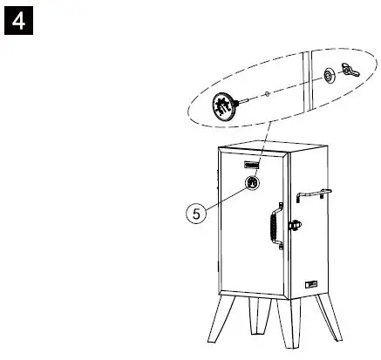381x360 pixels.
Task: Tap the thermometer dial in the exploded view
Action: (x=225, y=107)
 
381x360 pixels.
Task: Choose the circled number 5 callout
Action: (x=197, y=212)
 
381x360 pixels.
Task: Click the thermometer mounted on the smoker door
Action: (x=251, y=182)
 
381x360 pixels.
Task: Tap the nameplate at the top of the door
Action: (x=253, y=162)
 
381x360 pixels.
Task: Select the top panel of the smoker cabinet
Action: (x=266, y=146)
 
